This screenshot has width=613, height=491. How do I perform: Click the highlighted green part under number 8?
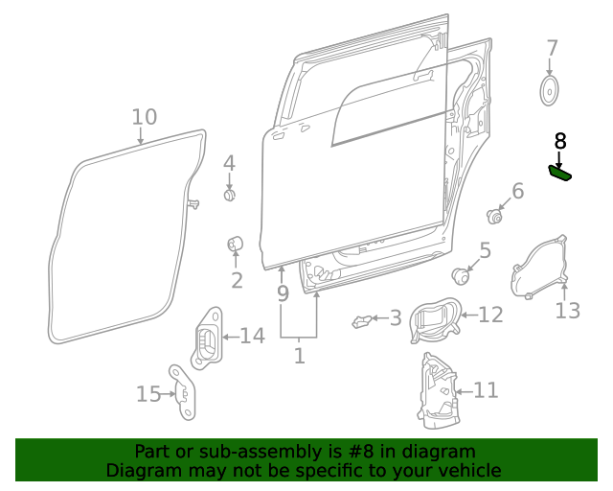[x=559, y=173]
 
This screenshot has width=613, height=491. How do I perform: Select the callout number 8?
[x=560, y=141]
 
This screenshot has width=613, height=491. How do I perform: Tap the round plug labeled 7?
[x=550, y=91]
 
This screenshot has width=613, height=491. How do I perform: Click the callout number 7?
[x=552, y=48]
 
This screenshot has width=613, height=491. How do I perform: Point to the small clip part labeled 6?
[x=495, y=215]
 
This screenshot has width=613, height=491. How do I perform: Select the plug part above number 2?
[x=235, y=245]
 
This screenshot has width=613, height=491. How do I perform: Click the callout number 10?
[x=144, y=117]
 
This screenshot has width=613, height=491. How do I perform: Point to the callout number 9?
[x=283, y=293]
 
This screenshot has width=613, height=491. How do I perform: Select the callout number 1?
[x=299, y=356]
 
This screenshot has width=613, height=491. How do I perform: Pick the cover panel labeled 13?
[x=539, y=269]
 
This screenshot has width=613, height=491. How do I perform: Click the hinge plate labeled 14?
[x=208, y=339]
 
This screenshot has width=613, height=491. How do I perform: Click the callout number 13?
[x=568, y=311]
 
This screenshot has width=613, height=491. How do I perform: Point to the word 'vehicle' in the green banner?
[x=467, y=470]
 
